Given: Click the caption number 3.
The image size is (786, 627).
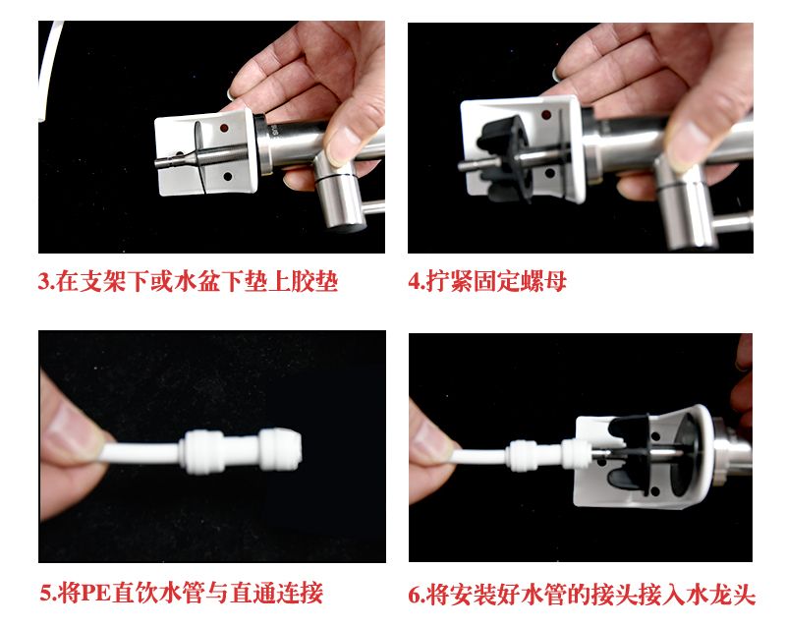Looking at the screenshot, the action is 44,281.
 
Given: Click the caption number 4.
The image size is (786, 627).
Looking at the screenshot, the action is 415,281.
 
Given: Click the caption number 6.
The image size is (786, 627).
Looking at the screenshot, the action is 415,595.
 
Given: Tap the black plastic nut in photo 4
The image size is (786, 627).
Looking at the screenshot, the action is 502,156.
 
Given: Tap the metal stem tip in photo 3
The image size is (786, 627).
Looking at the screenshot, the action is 159,162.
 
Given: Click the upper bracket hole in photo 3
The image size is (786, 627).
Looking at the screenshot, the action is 224,128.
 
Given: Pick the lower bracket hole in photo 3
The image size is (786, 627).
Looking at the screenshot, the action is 227,177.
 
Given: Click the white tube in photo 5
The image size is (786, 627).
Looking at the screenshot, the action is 141,450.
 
